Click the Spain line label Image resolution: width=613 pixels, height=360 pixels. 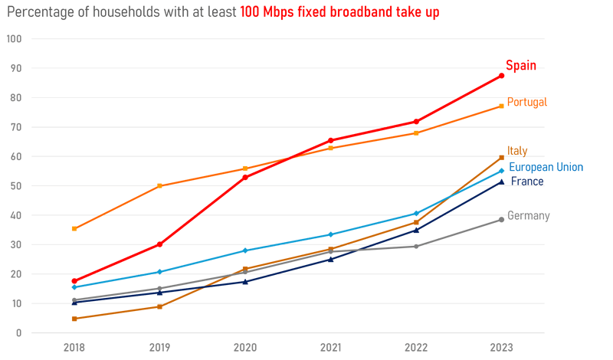tap(521, 66)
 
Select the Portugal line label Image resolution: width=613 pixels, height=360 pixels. tap(527, 102)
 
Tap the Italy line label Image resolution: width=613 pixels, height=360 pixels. tap(517, 151)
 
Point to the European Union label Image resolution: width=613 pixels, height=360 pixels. tap(546, 167)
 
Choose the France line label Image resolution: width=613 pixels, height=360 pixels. tap(526, 182)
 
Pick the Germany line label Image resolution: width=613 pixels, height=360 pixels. tap(529, 216)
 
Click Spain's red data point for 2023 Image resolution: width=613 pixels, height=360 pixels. tap(501, 76)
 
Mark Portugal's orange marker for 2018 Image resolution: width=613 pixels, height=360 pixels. tap(74, 229)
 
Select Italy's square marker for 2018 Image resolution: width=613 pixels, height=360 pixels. tap(74, 319)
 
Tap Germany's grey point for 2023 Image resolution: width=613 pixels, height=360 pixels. tap(501, 220)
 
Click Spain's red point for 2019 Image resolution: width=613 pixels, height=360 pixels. tap(159, 244)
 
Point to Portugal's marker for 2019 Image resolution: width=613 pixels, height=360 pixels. tap(159, 186)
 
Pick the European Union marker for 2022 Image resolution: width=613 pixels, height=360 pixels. tap(416, 214)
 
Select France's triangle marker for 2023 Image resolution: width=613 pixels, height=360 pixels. tap(501, 182)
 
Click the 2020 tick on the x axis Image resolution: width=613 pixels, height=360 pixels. tap(245, 347)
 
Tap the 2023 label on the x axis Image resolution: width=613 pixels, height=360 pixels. tap(501, 347)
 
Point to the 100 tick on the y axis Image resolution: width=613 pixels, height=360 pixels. tap(15, 39)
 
